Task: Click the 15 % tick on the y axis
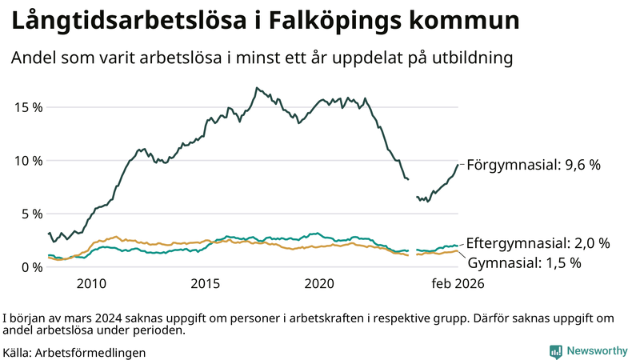click(x=27, y=107)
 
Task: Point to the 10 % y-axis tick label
click(x=27, y=160)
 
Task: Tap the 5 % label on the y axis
click(x=30, y=214)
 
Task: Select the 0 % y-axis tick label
click(x=30, y=266)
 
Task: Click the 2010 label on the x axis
click(x=91, y=283)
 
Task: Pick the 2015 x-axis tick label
click(x=206, y=283)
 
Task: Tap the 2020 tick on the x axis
click(x=320, y=283)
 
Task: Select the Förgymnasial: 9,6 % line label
click(x=533, y=165)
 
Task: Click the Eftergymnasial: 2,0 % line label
click(x=538, y=243)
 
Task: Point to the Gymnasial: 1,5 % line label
click(x=524, y=262)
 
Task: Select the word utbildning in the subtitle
click(x=473, y=58)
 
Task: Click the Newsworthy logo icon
click(x=555, y=350)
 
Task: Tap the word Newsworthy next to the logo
click(x=597, y=350)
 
